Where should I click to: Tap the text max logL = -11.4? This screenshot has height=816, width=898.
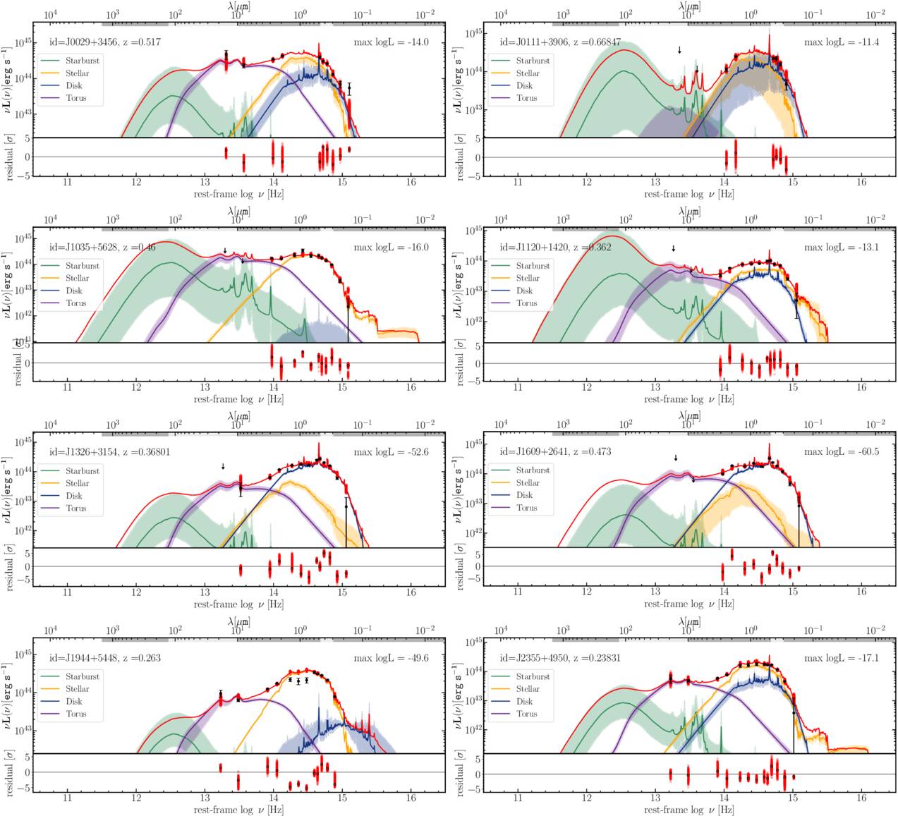tap(842, 42)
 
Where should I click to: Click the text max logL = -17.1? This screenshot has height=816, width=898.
tap(842, 658)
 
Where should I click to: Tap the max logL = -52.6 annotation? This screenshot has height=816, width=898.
tap(392, 452)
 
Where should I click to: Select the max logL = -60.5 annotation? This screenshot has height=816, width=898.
tap(842, 451)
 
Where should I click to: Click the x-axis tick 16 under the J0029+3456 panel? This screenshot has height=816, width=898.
tap(411, 182)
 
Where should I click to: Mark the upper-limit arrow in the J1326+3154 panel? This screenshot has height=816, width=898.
tap(223, 466)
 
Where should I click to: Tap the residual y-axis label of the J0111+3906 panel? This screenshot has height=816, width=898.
tap(460, 157)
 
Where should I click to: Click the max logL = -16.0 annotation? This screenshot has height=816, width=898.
tap(392, 248)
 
